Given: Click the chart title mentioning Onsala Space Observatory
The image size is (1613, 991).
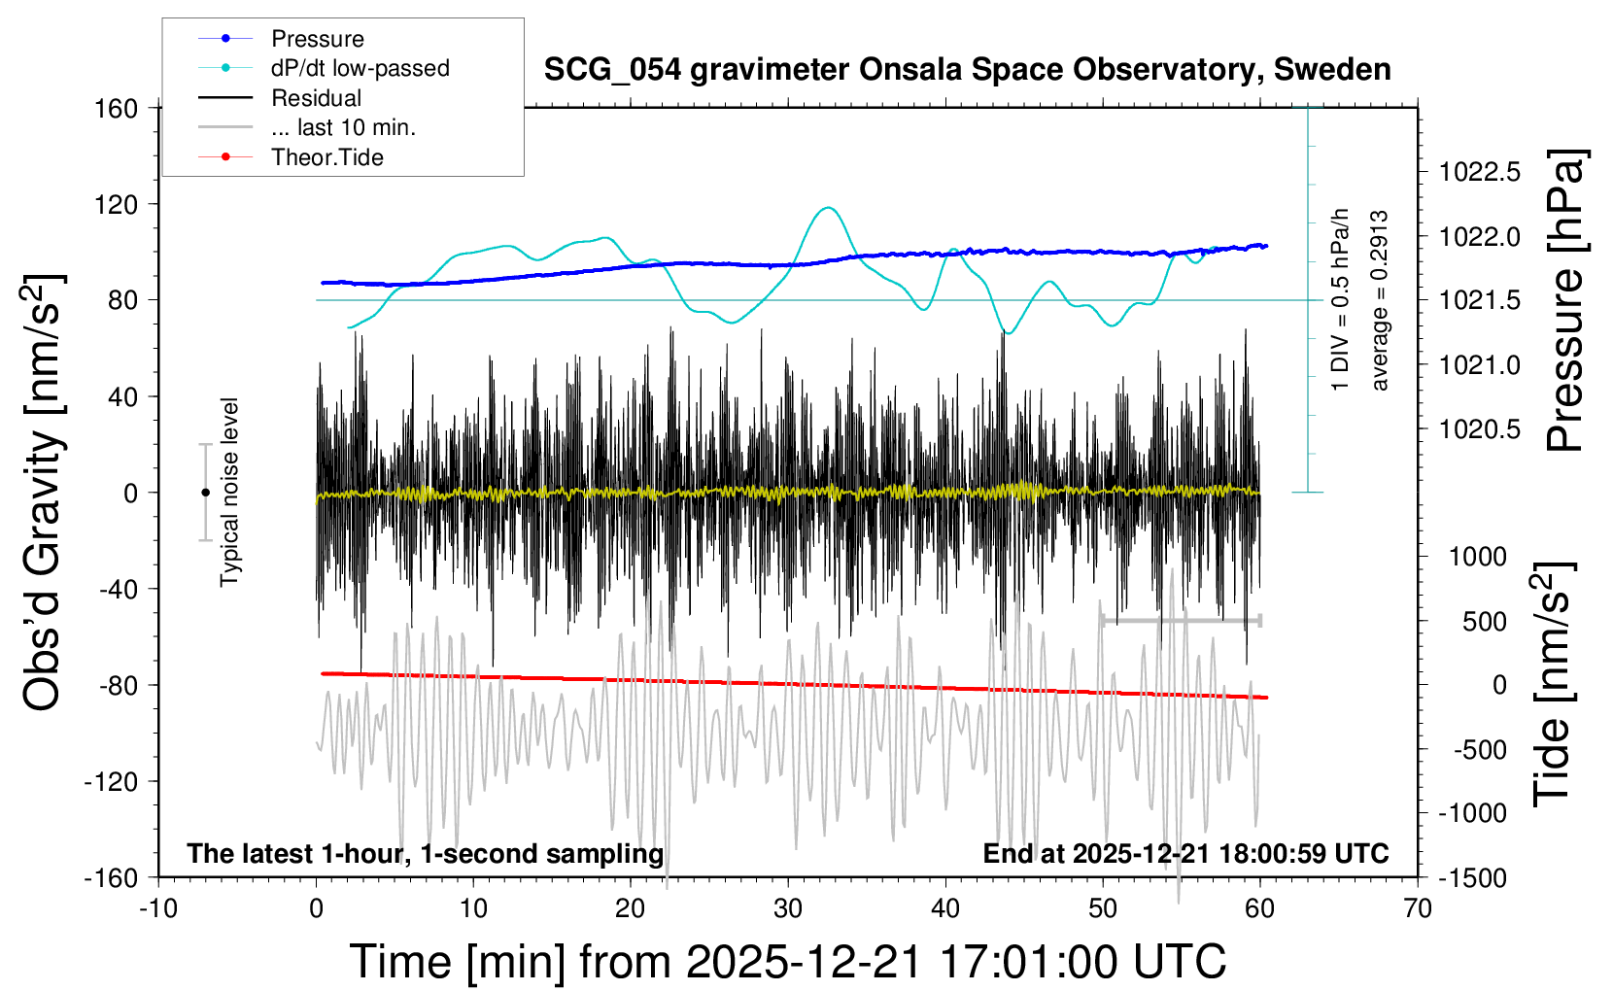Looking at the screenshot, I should (967, 70).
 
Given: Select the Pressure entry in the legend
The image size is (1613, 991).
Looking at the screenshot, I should (317, 39).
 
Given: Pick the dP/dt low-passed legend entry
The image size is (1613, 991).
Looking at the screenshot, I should (360, 68).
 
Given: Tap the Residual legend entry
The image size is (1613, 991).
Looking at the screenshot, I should (316, 98).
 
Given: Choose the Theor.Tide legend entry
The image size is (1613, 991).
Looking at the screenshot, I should (326, 157).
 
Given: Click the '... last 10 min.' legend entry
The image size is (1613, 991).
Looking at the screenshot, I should (343, 127).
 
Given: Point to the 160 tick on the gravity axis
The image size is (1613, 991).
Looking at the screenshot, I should (117, 108).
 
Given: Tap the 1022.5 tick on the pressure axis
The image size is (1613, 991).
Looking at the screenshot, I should (1480, 172).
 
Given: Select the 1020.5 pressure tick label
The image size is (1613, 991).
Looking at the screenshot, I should (1480, 428).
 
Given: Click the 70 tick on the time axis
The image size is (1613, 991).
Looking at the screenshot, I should (1418, 909).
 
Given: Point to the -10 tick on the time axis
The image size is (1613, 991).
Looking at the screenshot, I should (158, 909).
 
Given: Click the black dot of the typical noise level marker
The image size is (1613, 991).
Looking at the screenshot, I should (205, 493).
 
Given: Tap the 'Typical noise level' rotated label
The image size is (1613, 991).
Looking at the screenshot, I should (229, 493).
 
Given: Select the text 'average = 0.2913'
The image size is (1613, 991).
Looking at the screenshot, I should (1380, 301).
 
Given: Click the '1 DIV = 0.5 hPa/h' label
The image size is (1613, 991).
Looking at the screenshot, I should (1341, 299).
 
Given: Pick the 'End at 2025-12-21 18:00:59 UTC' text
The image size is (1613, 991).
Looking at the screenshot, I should (1185, 854).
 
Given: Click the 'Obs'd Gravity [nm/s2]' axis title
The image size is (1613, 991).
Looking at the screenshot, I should (44, 493).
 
